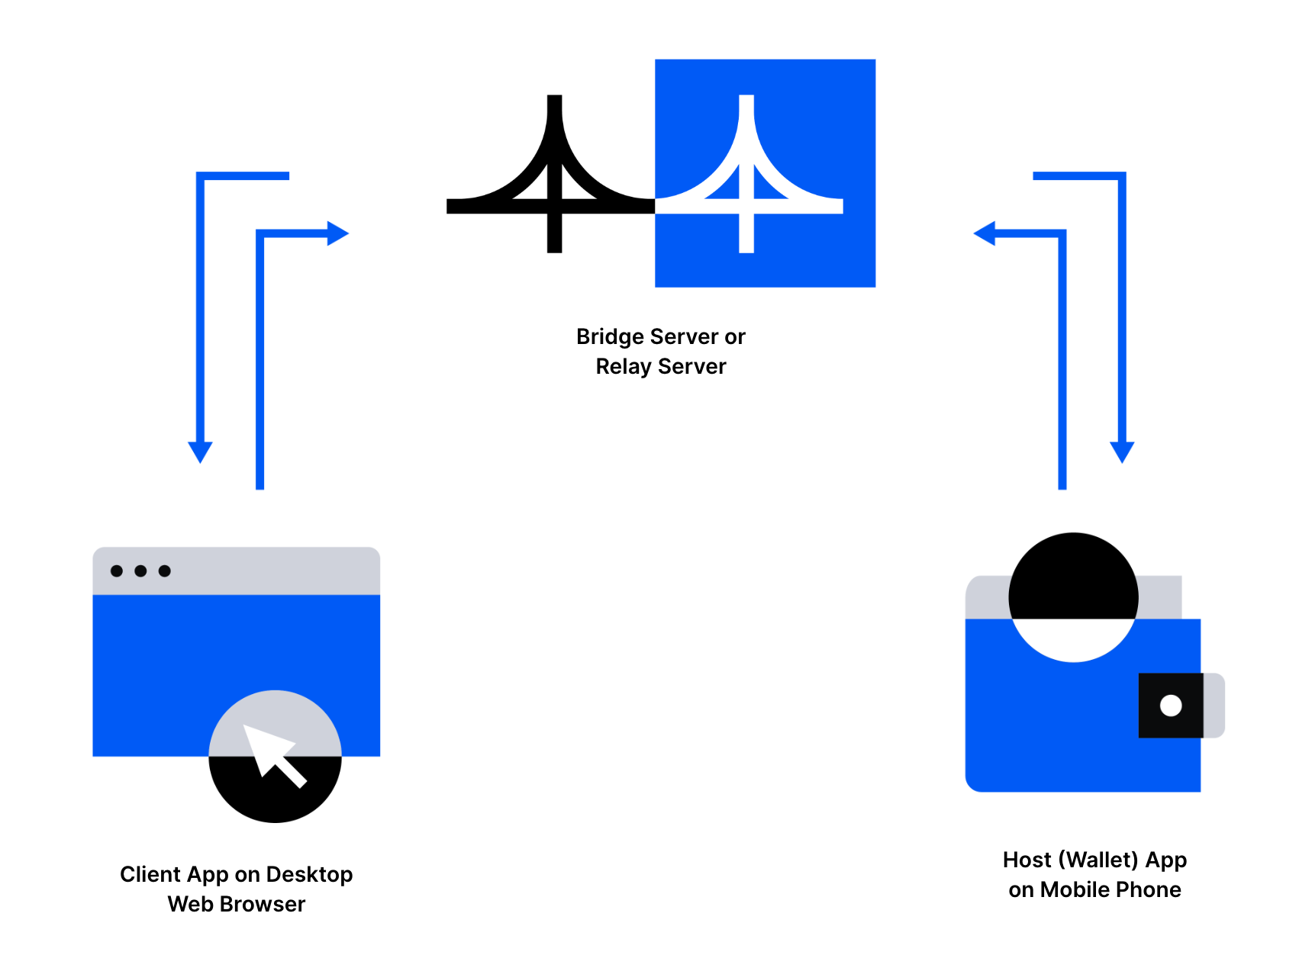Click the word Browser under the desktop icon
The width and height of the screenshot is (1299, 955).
(263, 904)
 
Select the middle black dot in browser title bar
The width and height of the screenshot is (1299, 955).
(140, 571)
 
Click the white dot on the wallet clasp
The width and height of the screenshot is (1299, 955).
(1170, 706)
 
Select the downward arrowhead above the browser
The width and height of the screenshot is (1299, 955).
(200, 451)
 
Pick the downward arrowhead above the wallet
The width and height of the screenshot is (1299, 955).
(1121, 451)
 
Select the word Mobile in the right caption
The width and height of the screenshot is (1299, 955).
(1074, 889)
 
